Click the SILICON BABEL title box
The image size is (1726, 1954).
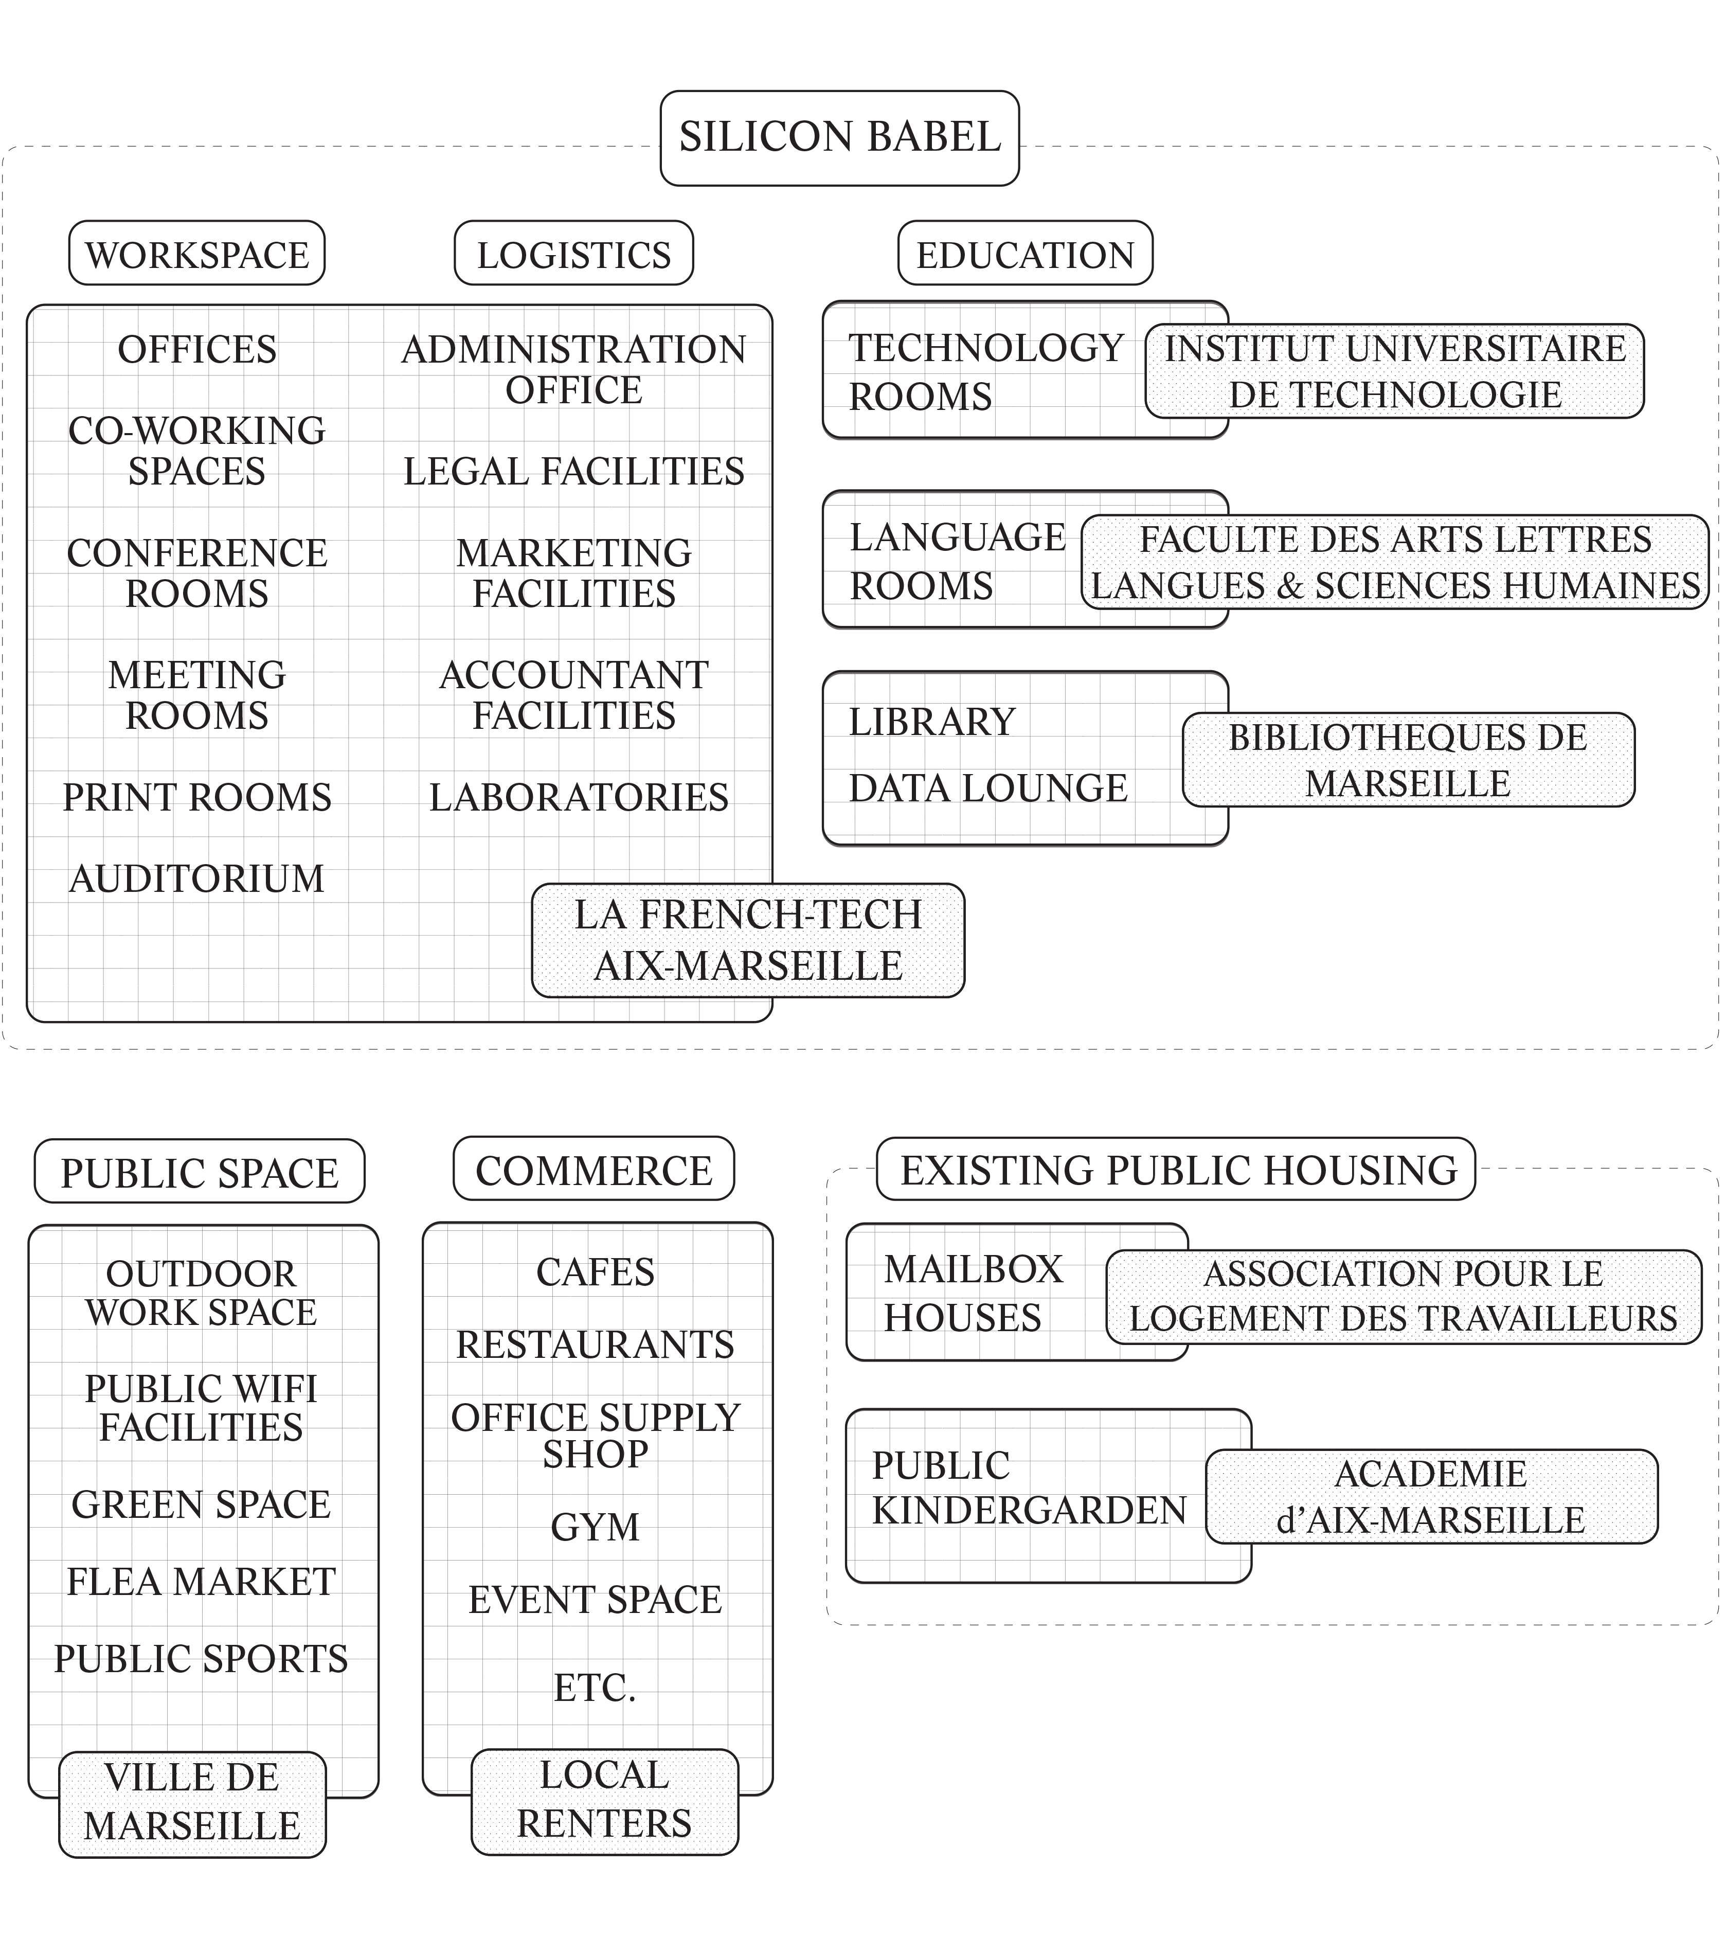839,138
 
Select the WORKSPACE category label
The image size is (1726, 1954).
197,254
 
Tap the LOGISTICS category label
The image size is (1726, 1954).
573,254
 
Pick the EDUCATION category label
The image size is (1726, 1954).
1024,254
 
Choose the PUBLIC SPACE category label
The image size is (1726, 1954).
200,1172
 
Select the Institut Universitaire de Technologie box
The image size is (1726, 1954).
1394,371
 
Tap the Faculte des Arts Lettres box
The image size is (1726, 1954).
1394,562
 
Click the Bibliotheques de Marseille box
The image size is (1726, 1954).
1408,760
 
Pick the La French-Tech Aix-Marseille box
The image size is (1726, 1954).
747,941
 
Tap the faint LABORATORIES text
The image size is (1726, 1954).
578,797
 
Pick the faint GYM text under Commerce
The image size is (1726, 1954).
595,1528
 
